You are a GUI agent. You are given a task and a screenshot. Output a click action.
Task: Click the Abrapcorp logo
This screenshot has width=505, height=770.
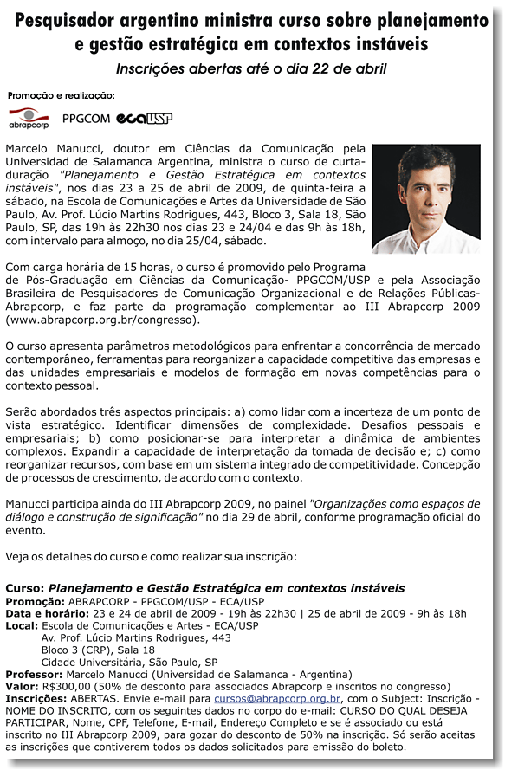click(29, 118)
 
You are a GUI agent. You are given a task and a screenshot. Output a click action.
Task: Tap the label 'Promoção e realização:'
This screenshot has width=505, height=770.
click(61, 95)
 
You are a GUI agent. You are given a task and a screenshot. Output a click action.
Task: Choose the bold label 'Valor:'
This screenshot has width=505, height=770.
click(23, 686)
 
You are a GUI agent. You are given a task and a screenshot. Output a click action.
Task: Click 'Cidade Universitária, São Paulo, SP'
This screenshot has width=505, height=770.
click(129, 662)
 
